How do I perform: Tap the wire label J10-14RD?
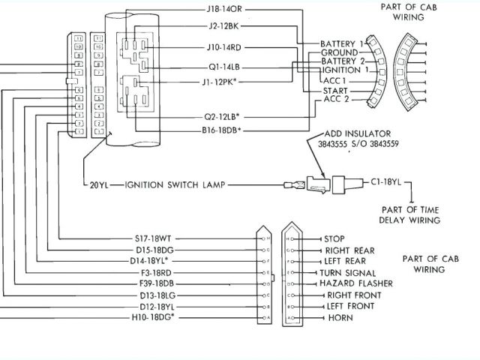tap(224, 46)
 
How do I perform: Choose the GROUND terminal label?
tap(338, 52)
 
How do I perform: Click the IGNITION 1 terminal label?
tap(343, 70)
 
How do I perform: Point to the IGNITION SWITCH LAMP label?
tap(167, 184)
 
